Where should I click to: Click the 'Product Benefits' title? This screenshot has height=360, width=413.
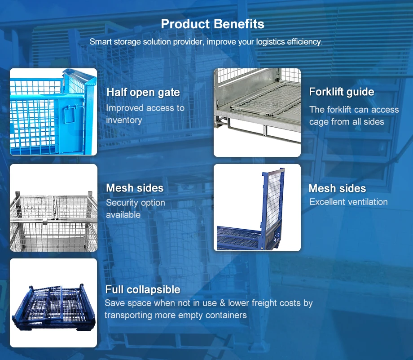click(212, 24)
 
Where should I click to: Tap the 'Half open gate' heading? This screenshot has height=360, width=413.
click(143, 93)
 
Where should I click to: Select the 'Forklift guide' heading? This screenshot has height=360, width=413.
click(341, 92)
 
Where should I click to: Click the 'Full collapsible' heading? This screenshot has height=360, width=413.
click(143, 289)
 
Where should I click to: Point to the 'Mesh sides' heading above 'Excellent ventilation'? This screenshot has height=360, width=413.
click(337, 188)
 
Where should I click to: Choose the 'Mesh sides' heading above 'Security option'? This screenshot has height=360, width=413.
click(135, 188)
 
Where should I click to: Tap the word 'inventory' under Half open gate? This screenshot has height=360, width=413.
click(124, 120)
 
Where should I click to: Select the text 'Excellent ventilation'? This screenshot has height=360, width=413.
click(348, 202)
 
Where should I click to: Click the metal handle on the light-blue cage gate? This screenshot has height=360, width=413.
click(70, 116)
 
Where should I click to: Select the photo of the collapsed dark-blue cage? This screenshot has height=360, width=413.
click(53, 302)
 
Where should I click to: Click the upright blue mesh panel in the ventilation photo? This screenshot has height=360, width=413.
click(273, 202)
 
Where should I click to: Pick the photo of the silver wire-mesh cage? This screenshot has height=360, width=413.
click(53, 208)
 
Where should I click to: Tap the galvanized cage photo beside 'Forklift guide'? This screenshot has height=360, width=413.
click(257, 112)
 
